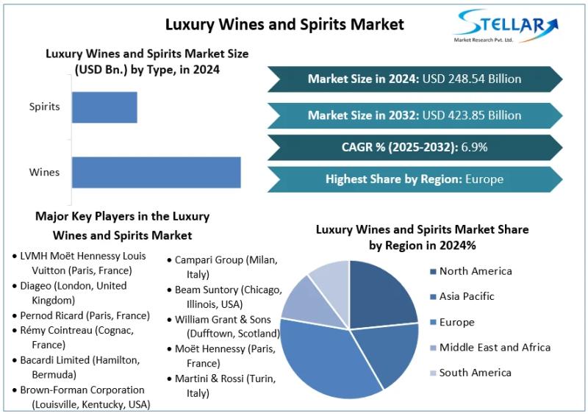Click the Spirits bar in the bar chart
pos(104,107)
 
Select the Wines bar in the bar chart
pos(156,172)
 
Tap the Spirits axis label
pos(45,107)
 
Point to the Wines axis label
pos(45,173)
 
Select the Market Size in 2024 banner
pos(414,79)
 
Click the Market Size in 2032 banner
pos(414,115)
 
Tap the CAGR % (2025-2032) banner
pos(414,147)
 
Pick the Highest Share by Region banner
pos(414,179)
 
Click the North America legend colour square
pos(432,272)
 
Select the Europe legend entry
pos(456,323)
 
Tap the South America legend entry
pos(475,373)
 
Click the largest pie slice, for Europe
pos(323,360)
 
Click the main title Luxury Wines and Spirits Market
pos(284,24)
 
